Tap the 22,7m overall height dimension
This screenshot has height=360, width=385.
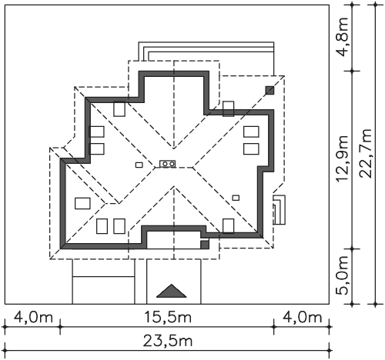coord(366,153)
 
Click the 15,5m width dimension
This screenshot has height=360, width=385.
coord(168,317)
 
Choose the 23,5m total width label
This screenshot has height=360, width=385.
coord(168,341)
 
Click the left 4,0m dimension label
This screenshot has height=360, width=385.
coord(33,317)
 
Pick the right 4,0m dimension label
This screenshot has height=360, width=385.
coord(302,317)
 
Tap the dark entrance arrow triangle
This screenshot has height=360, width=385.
coord(172,291)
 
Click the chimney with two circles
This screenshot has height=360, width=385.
coord(168,164)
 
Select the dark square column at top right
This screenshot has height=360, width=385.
coord(269,90)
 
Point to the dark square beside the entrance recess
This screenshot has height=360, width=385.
coord(205,245)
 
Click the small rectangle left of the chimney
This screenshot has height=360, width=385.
coord(139,165)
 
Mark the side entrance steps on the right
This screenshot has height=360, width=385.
coord(279,210)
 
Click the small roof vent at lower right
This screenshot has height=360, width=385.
coord(236,198)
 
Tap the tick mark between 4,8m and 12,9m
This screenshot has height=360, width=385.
coord(352,71)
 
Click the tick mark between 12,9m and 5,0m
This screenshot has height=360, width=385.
coord(352,248)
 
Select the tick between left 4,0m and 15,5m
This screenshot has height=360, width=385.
coord(60,327)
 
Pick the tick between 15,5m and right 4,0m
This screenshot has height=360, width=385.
coord(274,327)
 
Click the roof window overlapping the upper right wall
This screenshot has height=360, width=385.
coord(228,108)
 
